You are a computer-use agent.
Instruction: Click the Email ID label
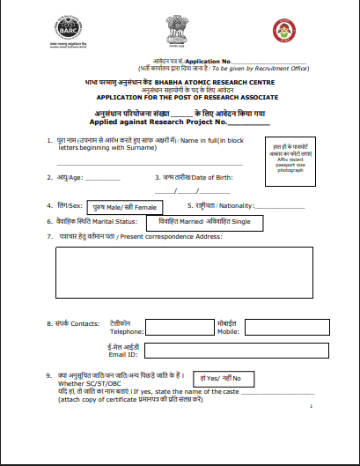(123, 354)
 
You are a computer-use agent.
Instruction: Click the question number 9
(49, 377)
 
